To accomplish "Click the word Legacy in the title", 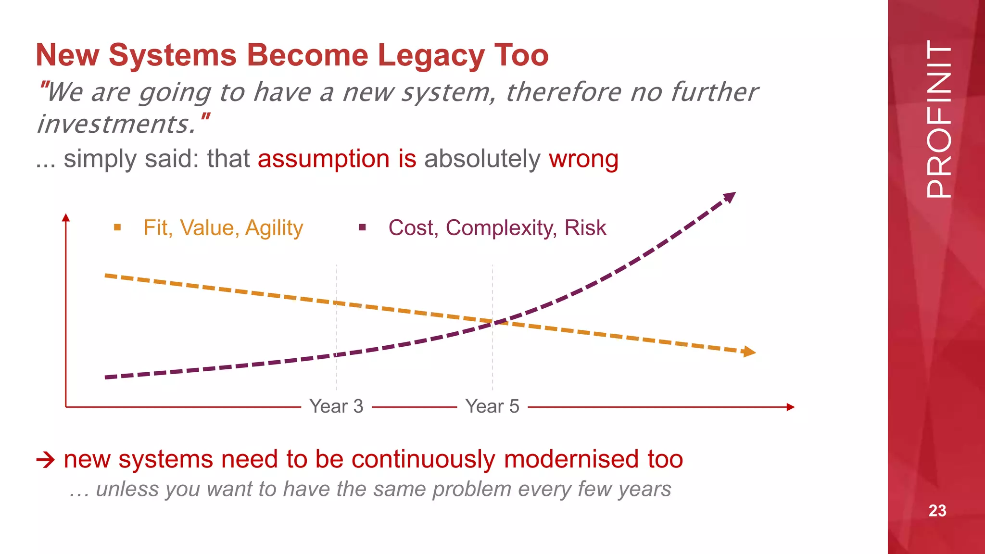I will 431,55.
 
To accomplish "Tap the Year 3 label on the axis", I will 336,406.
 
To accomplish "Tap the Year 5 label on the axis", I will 492,406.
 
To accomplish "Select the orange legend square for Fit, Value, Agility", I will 117,227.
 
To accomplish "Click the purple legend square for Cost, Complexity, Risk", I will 363,227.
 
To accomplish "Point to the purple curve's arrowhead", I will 730,197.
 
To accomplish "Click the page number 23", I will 937,511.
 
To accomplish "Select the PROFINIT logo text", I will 938,119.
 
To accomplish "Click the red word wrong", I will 583,159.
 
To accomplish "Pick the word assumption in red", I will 323,159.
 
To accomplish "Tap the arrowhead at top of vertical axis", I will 66,217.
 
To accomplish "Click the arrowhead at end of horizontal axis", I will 790,407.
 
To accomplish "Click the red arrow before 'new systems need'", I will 46,460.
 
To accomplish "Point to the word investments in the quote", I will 115,125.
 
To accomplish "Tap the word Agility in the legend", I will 274,228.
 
